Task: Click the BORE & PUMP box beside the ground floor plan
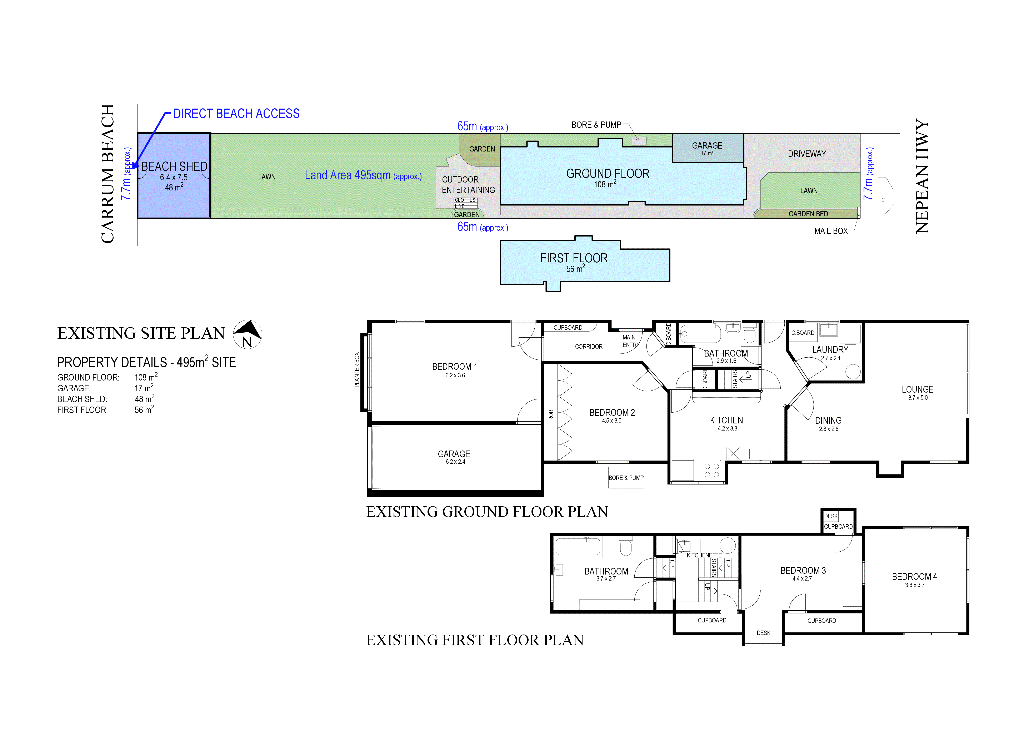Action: pyautogui.click(x=626, y=478)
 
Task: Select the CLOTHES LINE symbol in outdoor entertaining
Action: pyautogui.click(x=465, y=203)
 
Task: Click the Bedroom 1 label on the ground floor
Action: pyautogui.click(x=454, y=367)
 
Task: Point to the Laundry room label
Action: pyautogui.click(x=830, y=349)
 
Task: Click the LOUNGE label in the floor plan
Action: pyautogui.click(x=917, y=389)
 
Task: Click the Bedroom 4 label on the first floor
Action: pyautogui.click(x=914, y=577)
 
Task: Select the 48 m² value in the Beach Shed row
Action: pyautogui.click(x=144, y=399)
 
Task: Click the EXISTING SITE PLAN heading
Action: pyautogui.click(x=141, y=333)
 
